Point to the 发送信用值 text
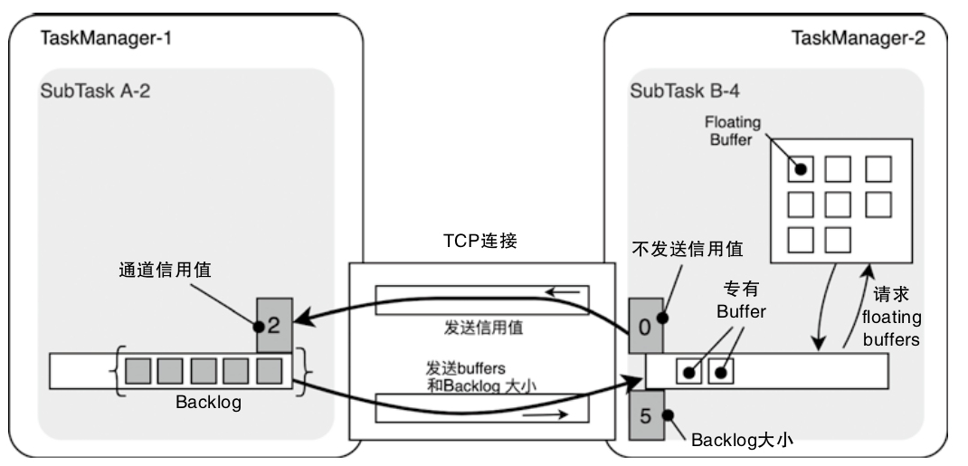point(480,327)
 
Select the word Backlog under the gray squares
point(209,403)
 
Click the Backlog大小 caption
point(742,441)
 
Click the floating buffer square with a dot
point(801,168)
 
